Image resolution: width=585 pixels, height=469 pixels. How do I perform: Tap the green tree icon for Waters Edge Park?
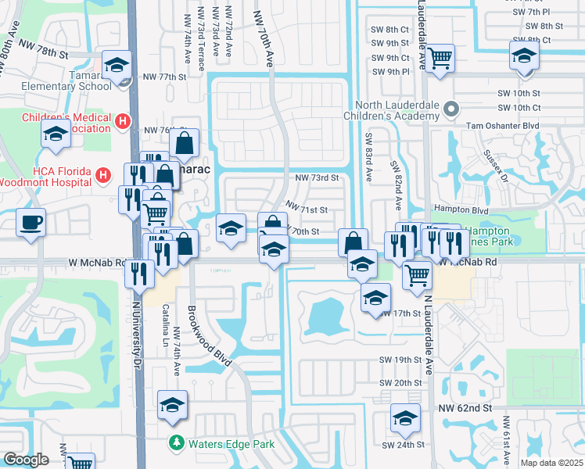178,444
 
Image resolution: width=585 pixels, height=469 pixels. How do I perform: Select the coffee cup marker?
31,224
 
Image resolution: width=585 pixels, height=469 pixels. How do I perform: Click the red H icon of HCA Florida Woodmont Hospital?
102,177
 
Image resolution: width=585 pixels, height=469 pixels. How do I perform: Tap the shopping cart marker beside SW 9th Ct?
440,57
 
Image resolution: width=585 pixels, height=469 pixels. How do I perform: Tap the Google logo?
27,460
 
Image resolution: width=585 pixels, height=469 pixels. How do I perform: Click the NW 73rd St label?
316,177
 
